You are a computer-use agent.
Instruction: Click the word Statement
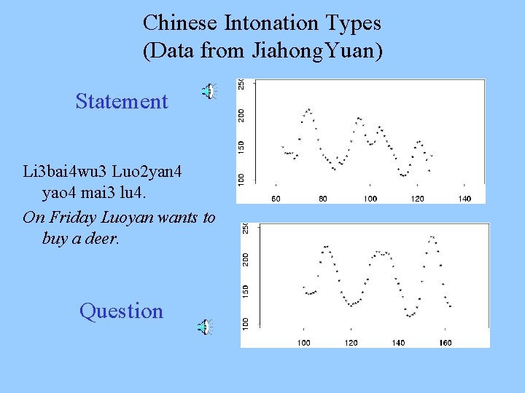[x=122, y=101]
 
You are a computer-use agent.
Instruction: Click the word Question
[x=121, y=311]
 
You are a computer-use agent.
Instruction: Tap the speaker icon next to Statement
[x=209, y=91]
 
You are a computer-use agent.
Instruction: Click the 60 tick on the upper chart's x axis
[x=276, y=198]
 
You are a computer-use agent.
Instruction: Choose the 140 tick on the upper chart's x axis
[x=464, y=198]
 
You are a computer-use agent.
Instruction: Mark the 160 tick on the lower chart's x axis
[x=445, y=342]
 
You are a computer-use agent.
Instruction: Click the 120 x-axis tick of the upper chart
[x=418, y=198]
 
